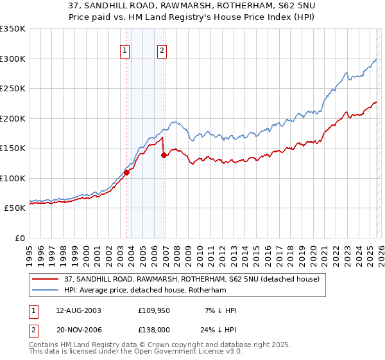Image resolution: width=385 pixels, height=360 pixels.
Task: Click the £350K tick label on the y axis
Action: [13, 29]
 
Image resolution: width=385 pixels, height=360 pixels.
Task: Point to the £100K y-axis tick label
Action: [13, 178]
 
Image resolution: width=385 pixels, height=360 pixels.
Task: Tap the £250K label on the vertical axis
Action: [13, 89]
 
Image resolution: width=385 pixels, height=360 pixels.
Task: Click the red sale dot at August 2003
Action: [126, 172]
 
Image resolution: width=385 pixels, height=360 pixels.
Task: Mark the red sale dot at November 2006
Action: [164, 155]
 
